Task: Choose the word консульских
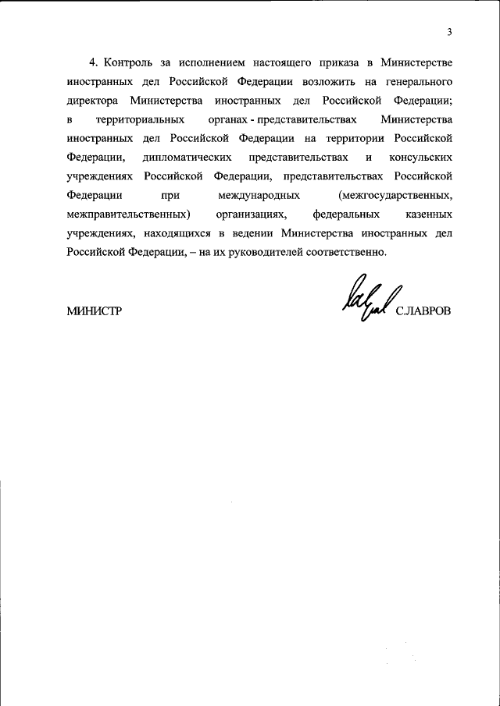coord(420,157)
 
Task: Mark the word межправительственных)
coord(129,215)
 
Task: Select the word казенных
coord(427,215)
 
